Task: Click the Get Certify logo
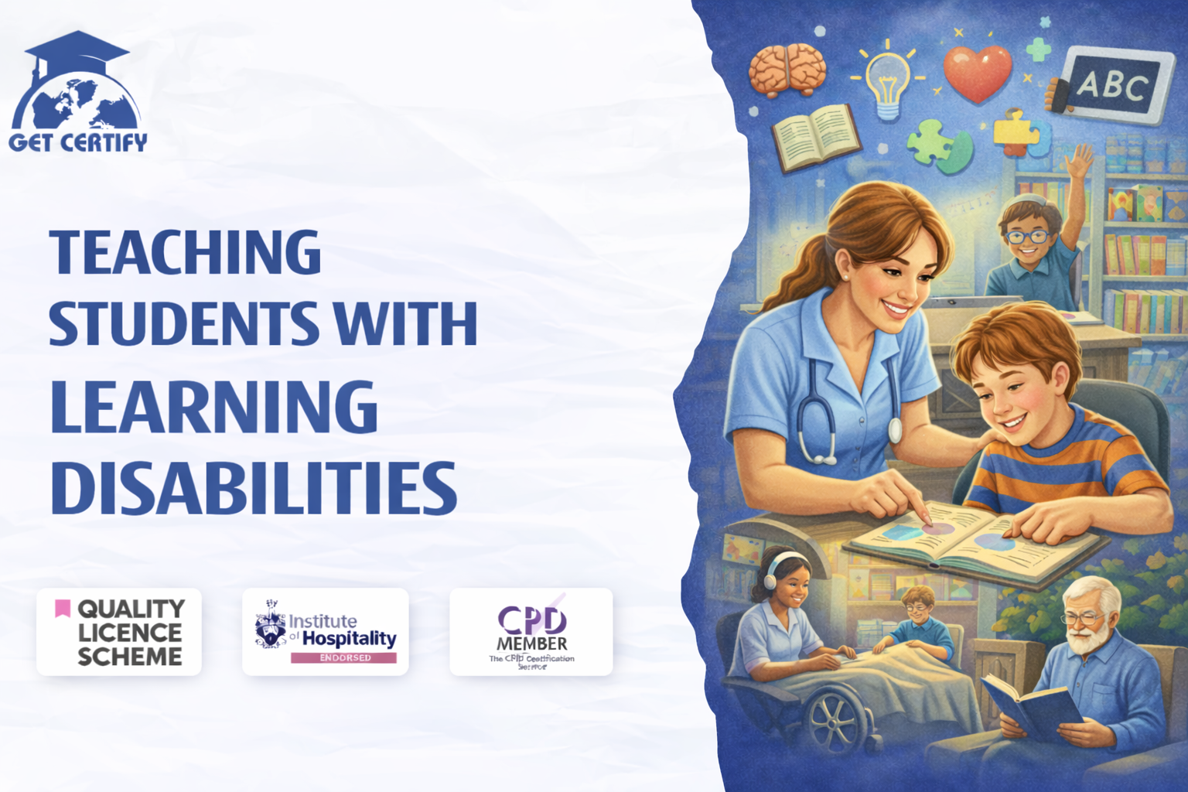click(77, 93)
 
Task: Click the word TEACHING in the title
click(185, 253)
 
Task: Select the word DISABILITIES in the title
click(254, 489)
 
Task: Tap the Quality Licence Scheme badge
click(119, 632)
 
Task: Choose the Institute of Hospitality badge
click(326, 632)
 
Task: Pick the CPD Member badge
click(531, 632)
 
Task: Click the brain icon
click(787, 70)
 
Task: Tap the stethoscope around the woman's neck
click(820, 410)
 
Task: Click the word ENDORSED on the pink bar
click(345, 657)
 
